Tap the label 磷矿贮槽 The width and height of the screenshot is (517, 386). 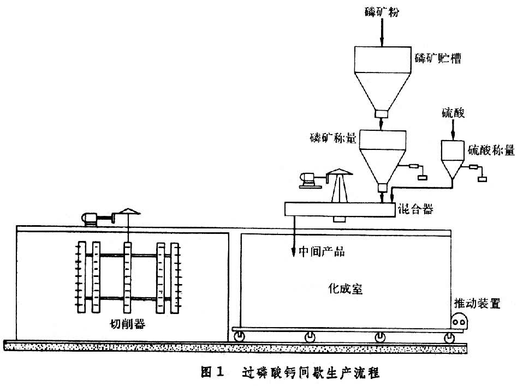[x=437, y=58]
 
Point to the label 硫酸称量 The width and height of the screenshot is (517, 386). [x=491, y=149]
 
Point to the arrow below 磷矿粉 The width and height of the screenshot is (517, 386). [x=382, y=32]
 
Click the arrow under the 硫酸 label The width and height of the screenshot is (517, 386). [x=453, y=130]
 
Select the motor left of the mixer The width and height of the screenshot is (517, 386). [x=308, y=180]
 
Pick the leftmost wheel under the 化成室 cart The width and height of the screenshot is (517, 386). [x=240, y=339]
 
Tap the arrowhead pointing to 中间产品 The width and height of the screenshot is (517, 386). [x=294, y=248]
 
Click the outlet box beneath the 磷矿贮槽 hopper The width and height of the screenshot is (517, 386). [x=381, y=114]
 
